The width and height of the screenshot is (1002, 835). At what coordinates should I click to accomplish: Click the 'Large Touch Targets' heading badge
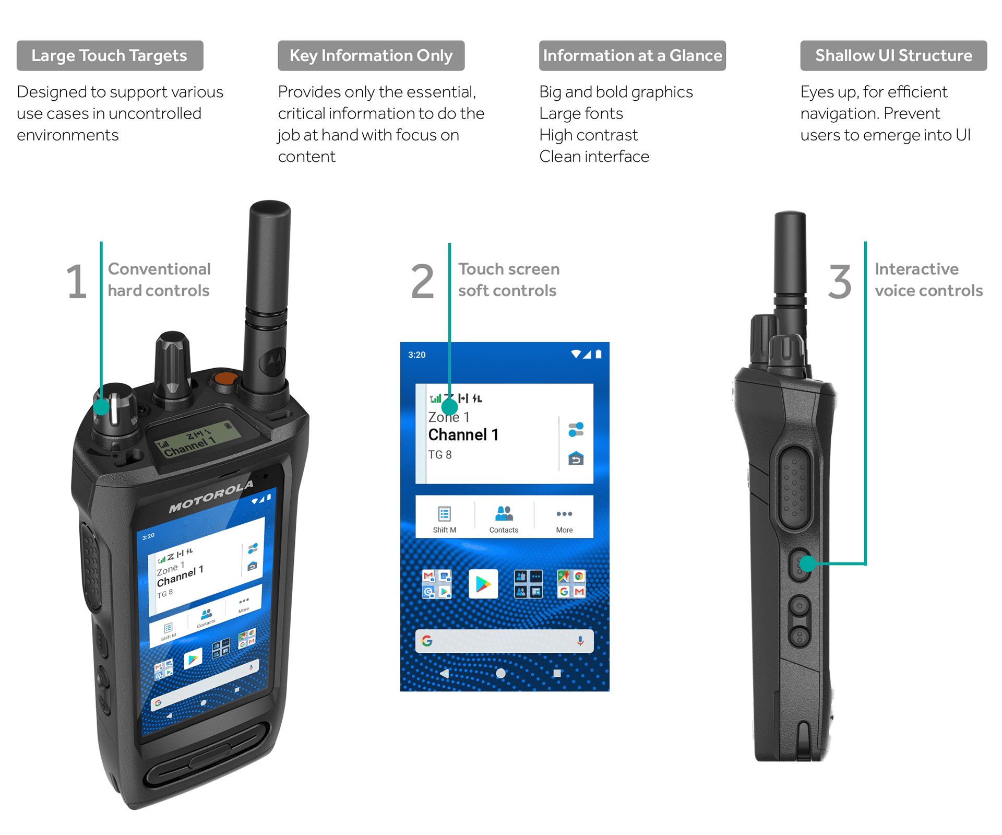pyautogui.click(x=110, y=55)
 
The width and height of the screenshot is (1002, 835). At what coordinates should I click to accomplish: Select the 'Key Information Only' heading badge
pyautogui.click(x=371, y=55)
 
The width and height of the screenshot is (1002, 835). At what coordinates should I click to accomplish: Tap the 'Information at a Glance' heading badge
pyautogui.click(x=633, y=55)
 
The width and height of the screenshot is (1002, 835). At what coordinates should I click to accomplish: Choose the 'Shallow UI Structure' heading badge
pyautogui.click(x=893, y=55)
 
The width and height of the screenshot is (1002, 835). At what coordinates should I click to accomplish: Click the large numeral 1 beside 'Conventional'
pyautogui.click(x=77, y=281)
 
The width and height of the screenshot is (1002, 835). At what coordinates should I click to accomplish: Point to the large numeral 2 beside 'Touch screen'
pyautogui.click(x=422, y=281)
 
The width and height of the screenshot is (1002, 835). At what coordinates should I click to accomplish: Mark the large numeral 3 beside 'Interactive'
pyautogui.click(x=840, y=281)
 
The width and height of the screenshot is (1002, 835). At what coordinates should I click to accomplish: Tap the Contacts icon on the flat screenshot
pyautogui.click(x=504, y=513)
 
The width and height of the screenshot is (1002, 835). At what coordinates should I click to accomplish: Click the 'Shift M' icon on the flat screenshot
pyautogui.click(x=445, y=514)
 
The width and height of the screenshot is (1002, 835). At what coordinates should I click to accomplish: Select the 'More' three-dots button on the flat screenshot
pyautogui.click(x=564, y=514)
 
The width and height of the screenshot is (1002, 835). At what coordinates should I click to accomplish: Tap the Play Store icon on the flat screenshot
pyautogui.click(x=483, y=584)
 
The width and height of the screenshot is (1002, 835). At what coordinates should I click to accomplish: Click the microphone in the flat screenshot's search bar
pyautogui.click(x=580, y=641)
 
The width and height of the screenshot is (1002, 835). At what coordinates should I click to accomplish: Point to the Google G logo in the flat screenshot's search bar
pyautogui.click(x=427, y=641)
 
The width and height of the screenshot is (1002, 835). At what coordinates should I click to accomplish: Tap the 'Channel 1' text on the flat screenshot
pyautogui.click(x=463, y=434)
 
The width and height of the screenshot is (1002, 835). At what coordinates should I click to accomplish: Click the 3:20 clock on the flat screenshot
pyautogui.click(x=417, y=355)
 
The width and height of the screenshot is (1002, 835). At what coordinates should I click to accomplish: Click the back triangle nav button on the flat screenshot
pyautogui.click(x=445, y=673)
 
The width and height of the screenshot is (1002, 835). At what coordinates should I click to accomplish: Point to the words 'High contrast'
pyautogui.click(x=588, y=135)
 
